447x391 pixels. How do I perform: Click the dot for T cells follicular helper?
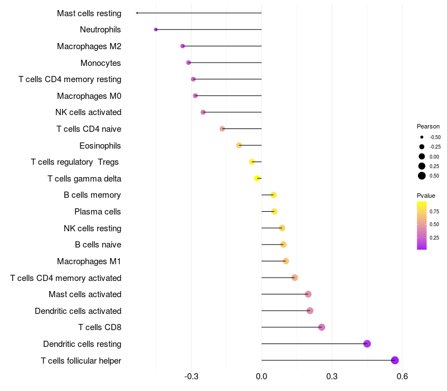click(x=395, y=360)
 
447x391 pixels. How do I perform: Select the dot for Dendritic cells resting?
click(x=367, y=344)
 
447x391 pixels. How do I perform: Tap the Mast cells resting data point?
click(x=137, y=13)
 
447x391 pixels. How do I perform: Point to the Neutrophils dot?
click(x=156, y=30)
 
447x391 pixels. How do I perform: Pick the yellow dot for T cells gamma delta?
click(x=257, y=178)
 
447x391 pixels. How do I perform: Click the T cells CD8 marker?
click(x=321, y=327)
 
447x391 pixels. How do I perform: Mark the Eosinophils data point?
click(x=239, y=145)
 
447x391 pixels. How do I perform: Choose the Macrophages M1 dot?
click(x=286, y=261)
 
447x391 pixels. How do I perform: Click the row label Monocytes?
click(x=101, y=63)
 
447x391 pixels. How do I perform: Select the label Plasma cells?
click(x=98, y=212)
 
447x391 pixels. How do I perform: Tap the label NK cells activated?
click(x=88, y=112)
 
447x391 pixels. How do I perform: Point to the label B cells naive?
click(x=98, y=245)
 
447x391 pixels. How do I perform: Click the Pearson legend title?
click(x=428, y=126)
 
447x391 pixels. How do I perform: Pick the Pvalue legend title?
click(x=426, y=195)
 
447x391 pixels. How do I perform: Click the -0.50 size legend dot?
click(x=422, y=137)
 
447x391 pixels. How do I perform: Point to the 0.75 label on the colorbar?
click(x=434, y=211)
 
